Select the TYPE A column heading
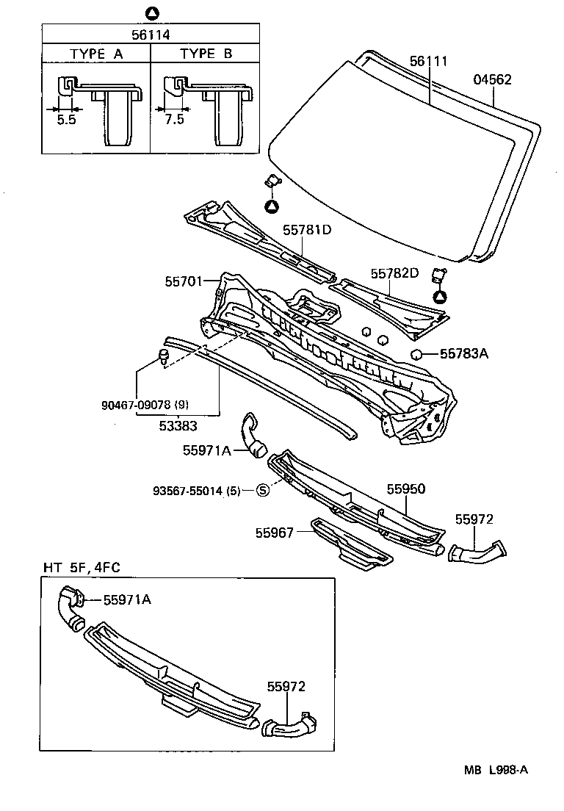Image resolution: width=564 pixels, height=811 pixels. click(97, 54)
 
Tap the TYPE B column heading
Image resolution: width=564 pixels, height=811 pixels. click(206, 54)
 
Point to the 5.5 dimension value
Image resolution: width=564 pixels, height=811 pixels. click(66, 120)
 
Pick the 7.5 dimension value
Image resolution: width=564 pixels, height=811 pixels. click(174, 120)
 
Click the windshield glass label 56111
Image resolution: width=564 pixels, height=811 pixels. click(428, 62)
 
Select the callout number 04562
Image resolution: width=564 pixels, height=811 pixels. click(491, 80)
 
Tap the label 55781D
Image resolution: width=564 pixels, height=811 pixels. click(307, 230)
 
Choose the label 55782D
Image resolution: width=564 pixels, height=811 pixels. click(394, 273)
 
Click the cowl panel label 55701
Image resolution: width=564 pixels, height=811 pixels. click(184, 281)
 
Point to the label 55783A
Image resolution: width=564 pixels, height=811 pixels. click(464, 354)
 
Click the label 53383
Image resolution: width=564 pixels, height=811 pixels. click(178, 425)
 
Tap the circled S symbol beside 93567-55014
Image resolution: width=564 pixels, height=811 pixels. click(262, 491)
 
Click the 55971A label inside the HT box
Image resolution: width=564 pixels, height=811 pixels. click(127, 599)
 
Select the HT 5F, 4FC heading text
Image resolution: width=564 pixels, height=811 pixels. click(81, 567)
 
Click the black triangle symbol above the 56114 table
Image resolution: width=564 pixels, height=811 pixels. click(151, 12)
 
